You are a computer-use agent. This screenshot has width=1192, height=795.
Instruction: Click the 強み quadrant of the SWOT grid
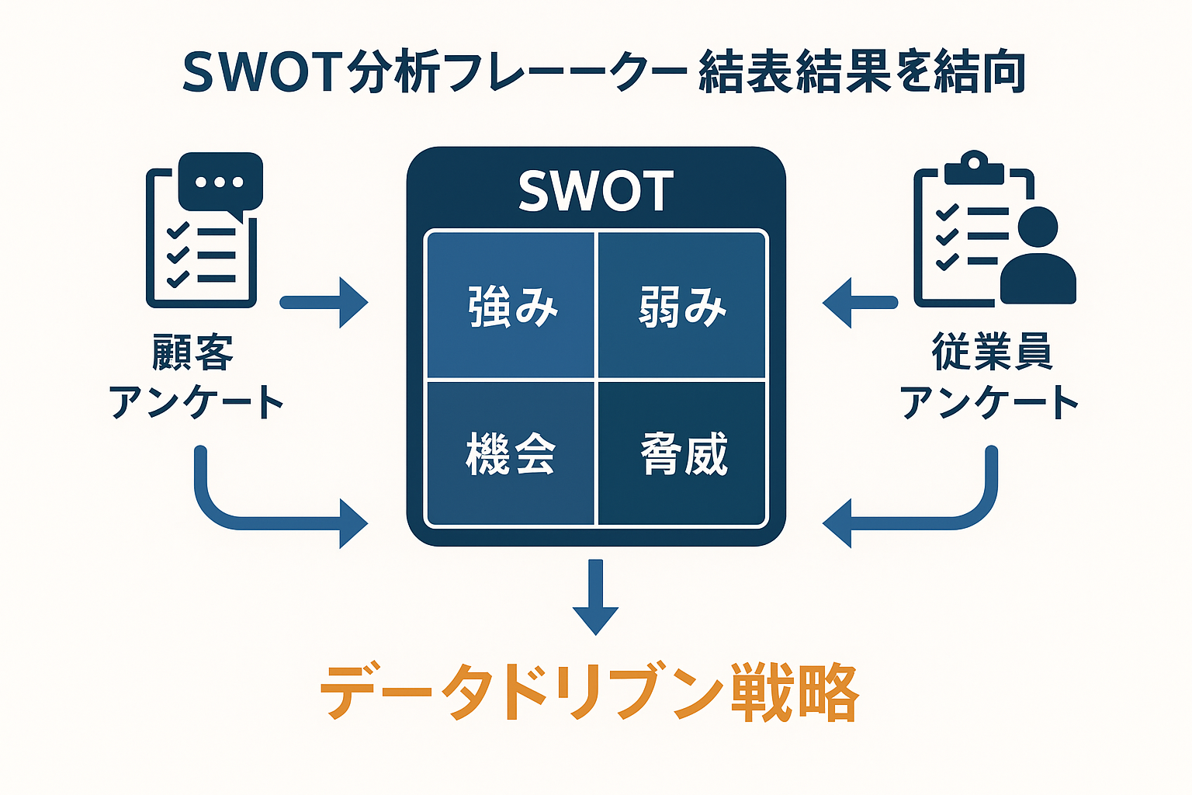click(511, 305)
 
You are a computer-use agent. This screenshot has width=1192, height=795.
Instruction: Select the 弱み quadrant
click(682, 305)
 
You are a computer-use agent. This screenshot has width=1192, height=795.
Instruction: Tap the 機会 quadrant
click(511, 453)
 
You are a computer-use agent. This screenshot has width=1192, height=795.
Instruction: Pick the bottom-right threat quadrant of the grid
click(682, 453)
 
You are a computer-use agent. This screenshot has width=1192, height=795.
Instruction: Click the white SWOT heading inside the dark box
click(595, 192)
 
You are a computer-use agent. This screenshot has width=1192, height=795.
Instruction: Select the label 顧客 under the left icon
click(192, 353)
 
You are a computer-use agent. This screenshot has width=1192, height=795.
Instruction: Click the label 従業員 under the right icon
click(991, 353)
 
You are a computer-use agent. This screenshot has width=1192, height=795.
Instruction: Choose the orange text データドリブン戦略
click(590, 692)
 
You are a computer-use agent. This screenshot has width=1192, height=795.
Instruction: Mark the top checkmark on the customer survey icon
click(178, 230)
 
